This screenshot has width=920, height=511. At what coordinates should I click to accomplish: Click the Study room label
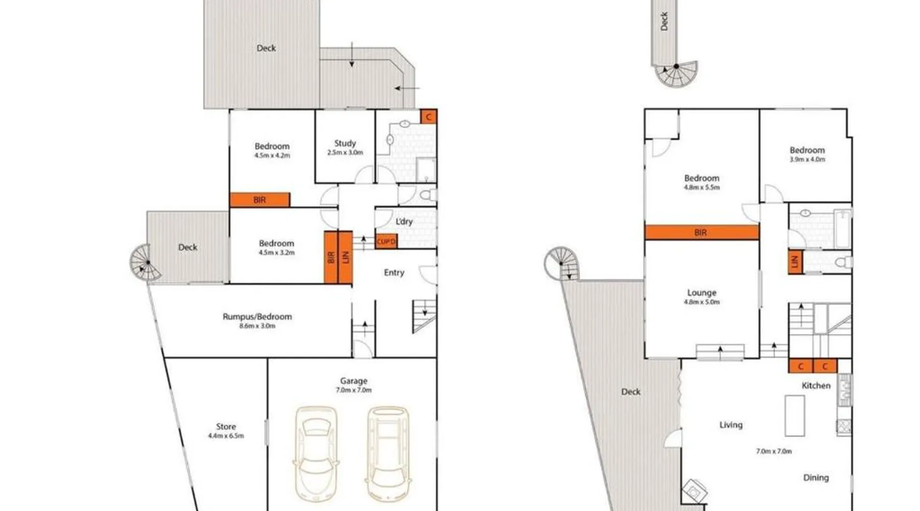pos(345,143)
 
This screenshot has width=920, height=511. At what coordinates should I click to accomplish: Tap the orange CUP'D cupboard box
pos(386,242)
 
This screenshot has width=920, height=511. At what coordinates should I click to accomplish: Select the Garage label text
pos(354,381)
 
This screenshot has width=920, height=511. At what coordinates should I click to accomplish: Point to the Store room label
pos(226,426)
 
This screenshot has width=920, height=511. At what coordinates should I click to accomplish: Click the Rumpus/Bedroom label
pos(257,316)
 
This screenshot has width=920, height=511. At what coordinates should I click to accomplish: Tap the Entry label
pos(394,272)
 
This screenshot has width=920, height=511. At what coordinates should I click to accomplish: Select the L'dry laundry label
pos(404,221)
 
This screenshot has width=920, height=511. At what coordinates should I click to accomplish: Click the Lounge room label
pos(702,292)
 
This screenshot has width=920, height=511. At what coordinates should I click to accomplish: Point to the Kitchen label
pos(816,385)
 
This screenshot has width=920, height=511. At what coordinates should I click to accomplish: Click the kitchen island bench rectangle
pos(795,415)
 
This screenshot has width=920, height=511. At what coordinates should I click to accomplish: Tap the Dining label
pos(816,477)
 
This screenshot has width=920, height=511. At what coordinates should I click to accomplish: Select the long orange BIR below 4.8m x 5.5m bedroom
pos(702,233)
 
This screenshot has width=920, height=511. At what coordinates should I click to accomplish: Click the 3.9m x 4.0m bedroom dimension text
pos(807,159)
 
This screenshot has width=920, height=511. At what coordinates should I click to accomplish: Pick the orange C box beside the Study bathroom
pos(428,117)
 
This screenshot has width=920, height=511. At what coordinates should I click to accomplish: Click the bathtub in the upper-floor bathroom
pos(843,228)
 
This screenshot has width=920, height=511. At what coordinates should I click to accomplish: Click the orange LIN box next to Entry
pos(346,258)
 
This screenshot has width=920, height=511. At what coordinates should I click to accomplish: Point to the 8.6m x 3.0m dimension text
pos(257,326)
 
